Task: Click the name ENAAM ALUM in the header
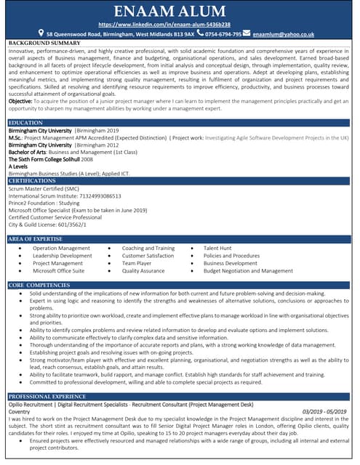180,12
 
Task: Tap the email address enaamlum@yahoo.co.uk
284,34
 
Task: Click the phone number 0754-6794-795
223,34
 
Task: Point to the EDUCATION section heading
25,124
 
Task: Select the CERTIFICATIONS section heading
33,180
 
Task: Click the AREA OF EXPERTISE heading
36,238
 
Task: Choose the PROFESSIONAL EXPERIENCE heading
47,396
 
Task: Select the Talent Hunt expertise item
217,248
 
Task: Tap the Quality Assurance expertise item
143,270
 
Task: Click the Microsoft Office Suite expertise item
58,270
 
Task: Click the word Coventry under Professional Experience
20,411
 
